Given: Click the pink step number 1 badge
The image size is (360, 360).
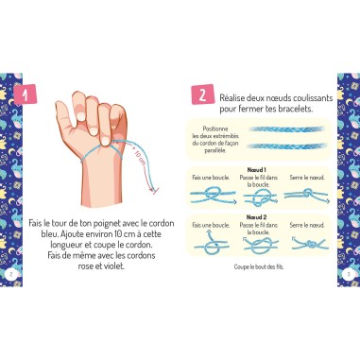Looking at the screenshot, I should pyautogui.click(x=29, y=95).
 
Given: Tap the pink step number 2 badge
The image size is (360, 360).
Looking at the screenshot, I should pyautogui.click(x=200, y=95).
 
